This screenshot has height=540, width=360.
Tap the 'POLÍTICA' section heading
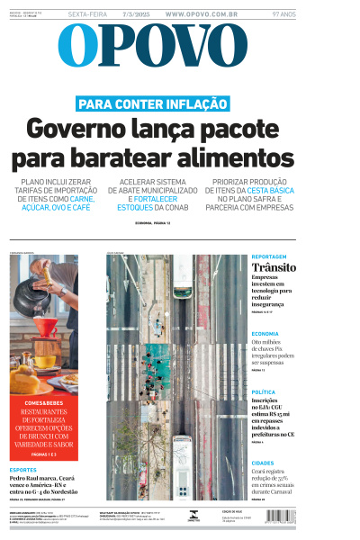point(264,392)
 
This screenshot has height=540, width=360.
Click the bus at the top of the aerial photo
point(182,279)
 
